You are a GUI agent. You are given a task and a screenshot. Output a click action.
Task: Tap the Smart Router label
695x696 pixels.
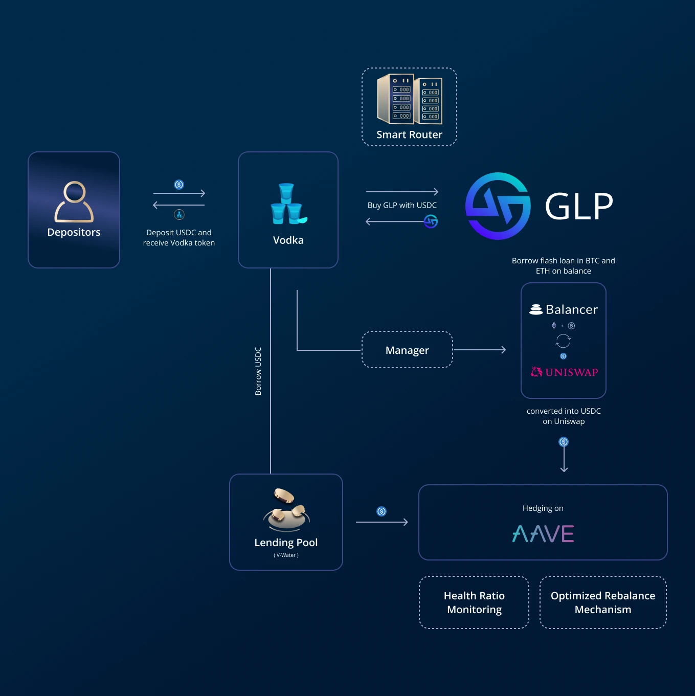tap(409, 134)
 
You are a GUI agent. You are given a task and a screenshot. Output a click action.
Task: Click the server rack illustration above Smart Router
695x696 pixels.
tap(409, 99)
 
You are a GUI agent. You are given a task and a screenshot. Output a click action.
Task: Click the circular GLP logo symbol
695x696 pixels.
tap(498, 206)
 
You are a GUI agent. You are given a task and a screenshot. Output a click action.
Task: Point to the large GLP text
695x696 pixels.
tap(579, 207)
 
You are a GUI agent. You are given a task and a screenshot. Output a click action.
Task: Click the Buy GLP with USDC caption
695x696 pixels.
tap(402, 205)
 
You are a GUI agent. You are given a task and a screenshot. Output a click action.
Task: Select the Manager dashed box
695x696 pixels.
tap(407, 350)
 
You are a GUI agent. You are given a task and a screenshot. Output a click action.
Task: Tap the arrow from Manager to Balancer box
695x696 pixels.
tap(479, 350)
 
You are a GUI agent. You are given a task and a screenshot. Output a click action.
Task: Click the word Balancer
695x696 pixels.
tap(571, 309)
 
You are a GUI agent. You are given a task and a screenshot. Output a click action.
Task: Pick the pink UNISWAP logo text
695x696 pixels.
tap(571, 372)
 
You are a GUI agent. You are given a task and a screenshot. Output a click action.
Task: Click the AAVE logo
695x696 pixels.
tap(543, 534)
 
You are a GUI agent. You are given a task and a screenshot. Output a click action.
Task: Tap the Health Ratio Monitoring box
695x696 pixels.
tap(474, 602)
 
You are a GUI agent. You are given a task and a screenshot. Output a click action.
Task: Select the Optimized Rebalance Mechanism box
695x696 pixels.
tap(603, 602)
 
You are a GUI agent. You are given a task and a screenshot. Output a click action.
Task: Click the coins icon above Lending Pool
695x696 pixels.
tap(286, 509)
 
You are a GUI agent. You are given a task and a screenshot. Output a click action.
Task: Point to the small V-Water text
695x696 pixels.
tap(286, 555)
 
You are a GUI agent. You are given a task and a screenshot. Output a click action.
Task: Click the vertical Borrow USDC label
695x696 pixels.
tap(258, 371)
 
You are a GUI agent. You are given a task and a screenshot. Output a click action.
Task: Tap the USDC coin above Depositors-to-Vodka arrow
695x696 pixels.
tap(179, 185)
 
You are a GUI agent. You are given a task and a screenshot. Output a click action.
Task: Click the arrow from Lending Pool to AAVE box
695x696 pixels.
tap(382, 522)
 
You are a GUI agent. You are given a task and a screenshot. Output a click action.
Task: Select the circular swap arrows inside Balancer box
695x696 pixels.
tap(563, 341)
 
